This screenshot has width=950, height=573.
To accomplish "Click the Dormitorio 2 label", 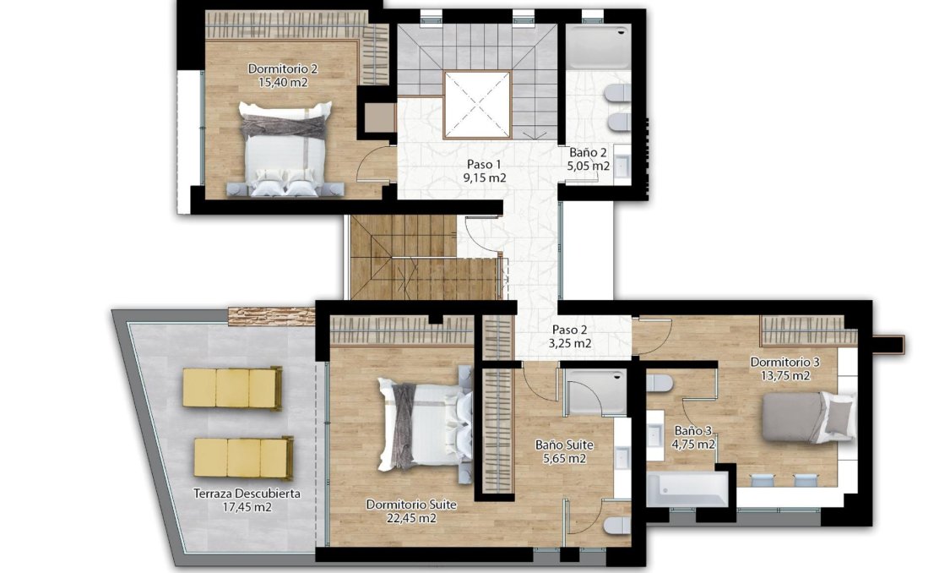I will (x=270, y=68).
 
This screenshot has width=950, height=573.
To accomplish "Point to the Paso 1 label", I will (x=484, y=164).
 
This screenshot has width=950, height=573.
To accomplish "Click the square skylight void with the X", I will (x=477, y=104).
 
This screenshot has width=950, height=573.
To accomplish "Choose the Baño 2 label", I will (x=588, y=153).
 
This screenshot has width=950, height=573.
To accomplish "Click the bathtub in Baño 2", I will (x=598, y=46).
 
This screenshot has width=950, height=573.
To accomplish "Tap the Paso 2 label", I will (x=571, y=330).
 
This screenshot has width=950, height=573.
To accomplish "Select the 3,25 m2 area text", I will (x=571, y=344).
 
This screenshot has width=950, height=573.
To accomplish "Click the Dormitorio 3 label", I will (x=784, y=362).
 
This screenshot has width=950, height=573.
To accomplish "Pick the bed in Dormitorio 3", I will (x=796, y=417).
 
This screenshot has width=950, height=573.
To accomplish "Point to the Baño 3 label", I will (x=694, y=428).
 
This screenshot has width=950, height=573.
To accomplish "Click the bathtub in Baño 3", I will (x=687, y=488).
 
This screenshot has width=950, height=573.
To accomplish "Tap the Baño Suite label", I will (x=564, y=445).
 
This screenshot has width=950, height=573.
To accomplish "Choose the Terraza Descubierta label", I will (x=247, y=494).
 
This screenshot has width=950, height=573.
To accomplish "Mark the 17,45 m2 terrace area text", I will (x=247, y=507).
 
